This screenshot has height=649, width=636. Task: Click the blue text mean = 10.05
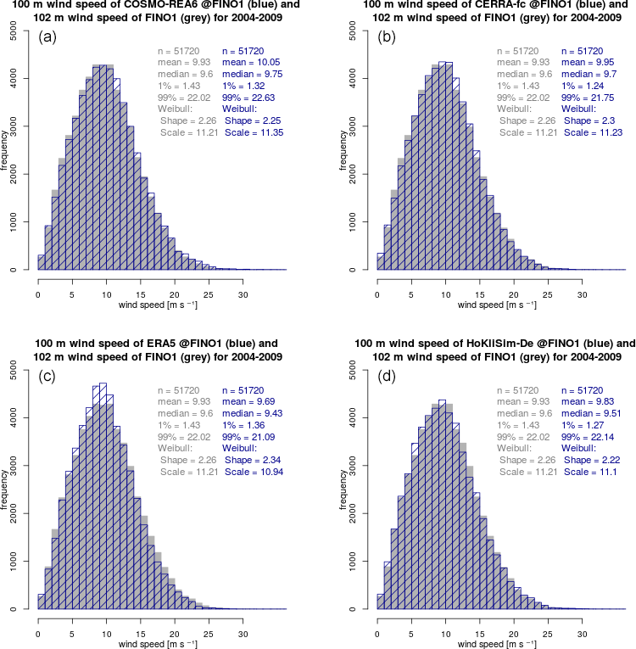click(x=251, y=63)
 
